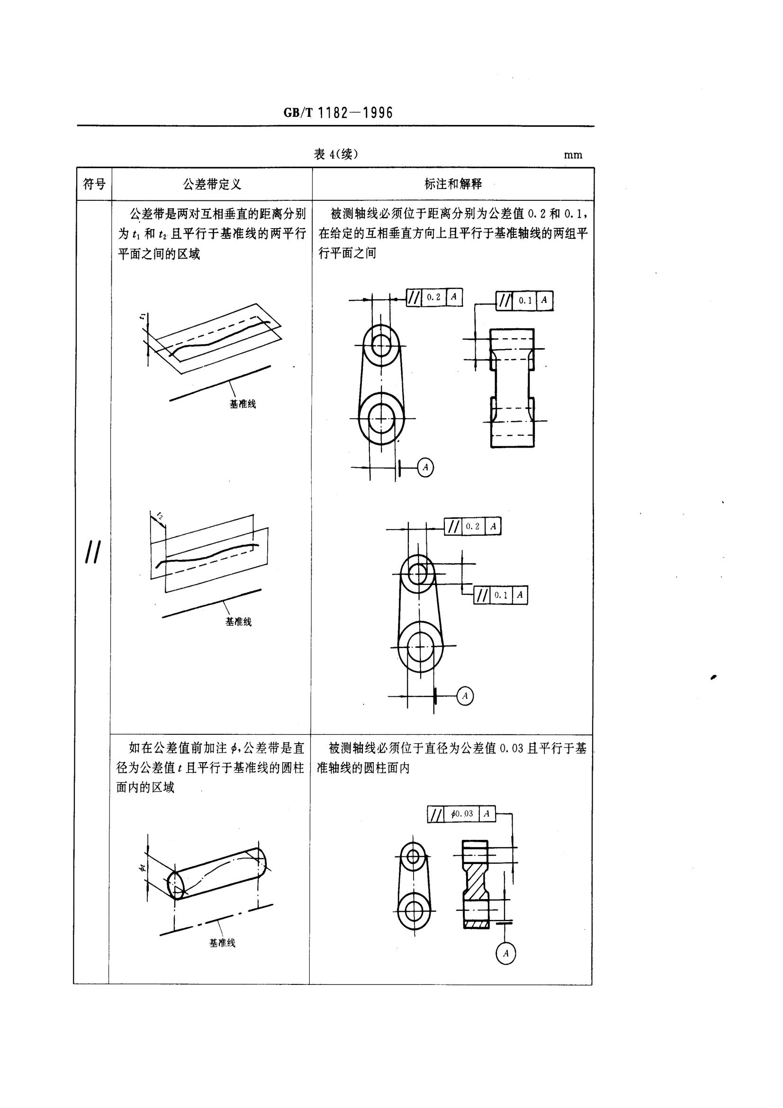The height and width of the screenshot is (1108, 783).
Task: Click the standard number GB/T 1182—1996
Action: [x=338, y=113]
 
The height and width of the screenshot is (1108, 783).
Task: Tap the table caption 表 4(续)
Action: [x=336, y=154]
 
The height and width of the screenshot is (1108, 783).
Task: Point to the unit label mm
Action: [x=573, y=155]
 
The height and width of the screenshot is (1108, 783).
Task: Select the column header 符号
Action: [x=94, y=184]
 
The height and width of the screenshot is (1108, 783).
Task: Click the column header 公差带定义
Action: [x=212, y=184]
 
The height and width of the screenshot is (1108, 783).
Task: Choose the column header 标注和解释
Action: [x=453, y=184]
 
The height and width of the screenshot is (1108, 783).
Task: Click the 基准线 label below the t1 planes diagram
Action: [x=242, y=405]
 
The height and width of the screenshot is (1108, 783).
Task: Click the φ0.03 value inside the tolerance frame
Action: [x=462, y=814]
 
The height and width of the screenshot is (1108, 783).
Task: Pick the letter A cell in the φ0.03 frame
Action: [x=487, y=814]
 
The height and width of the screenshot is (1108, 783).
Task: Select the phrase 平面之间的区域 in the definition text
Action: [x=160, y=254]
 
